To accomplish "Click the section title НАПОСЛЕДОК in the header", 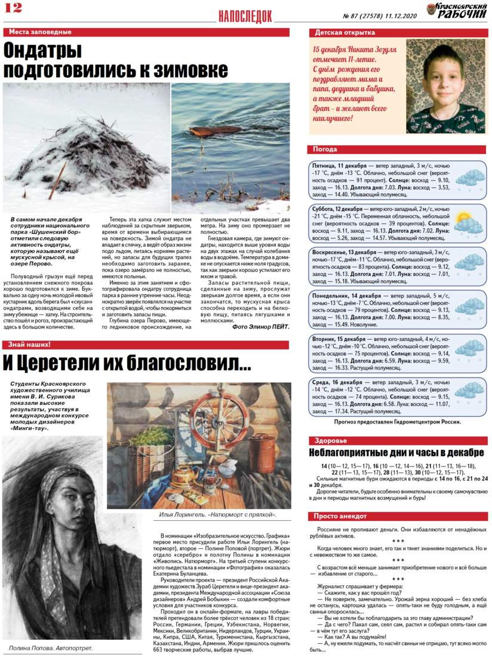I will pos(245,16).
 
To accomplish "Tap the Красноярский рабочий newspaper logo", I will pos(457,11).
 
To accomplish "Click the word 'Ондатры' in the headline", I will pos(43,50).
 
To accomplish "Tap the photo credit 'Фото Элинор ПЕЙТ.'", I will pos(260,327).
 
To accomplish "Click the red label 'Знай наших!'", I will pos(27,345).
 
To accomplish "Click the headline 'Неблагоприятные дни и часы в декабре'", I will pos(395,452).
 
